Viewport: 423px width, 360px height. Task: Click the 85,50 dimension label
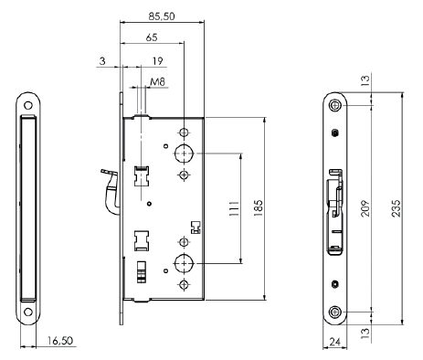(162, 16)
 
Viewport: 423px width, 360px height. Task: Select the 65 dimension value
(152, 37)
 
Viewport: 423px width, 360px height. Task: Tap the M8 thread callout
(158, 81)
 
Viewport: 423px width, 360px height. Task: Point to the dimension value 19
(157, 61)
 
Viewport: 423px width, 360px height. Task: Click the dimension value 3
(102, 61)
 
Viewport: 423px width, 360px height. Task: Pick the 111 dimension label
(234, 208)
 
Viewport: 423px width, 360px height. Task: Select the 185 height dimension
(258, 208)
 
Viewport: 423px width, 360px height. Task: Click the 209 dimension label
(365, 208)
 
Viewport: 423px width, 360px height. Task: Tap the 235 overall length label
(396, 208)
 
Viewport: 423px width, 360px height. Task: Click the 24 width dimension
(334, 342)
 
